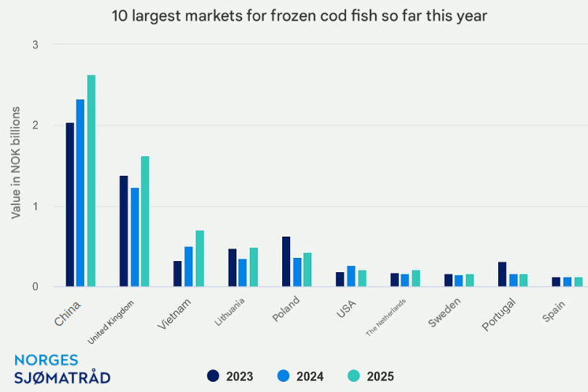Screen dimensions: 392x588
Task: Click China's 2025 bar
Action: (x=91, y=181)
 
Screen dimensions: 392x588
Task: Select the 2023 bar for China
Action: (x=69, y=204)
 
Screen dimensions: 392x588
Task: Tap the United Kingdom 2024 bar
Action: (x=135, y=237)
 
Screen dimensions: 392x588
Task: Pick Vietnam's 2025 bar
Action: (x=199, y=259)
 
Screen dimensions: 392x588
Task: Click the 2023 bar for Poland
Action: (x=286, y=261)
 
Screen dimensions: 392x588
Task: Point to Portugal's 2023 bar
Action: (x=502, y=274)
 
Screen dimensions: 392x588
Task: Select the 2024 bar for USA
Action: (x=351, y=276)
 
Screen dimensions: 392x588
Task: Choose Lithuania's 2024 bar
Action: (x=243, y=272)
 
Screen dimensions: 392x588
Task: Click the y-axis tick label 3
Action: (x=35, y=45)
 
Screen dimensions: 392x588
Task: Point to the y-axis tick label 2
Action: (x=35, y=125)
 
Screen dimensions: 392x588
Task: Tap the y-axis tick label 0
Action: (x=35, y=286)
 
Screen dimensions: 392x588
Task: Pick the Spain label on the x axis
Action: (x=553, y=310)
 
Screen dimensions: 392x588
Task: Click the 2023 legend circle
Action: (x=213, y=376)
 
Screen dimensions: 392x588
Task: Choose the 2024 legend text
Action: (x=311, y=377)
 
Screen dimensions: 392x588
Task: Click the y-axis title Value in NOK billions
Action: (x=16, y=165)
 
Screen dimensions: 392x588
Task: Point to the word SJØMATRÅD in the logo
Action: (x=62, y=377)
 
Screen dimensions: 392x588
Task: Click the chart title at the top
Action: (x=294, y=16)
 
